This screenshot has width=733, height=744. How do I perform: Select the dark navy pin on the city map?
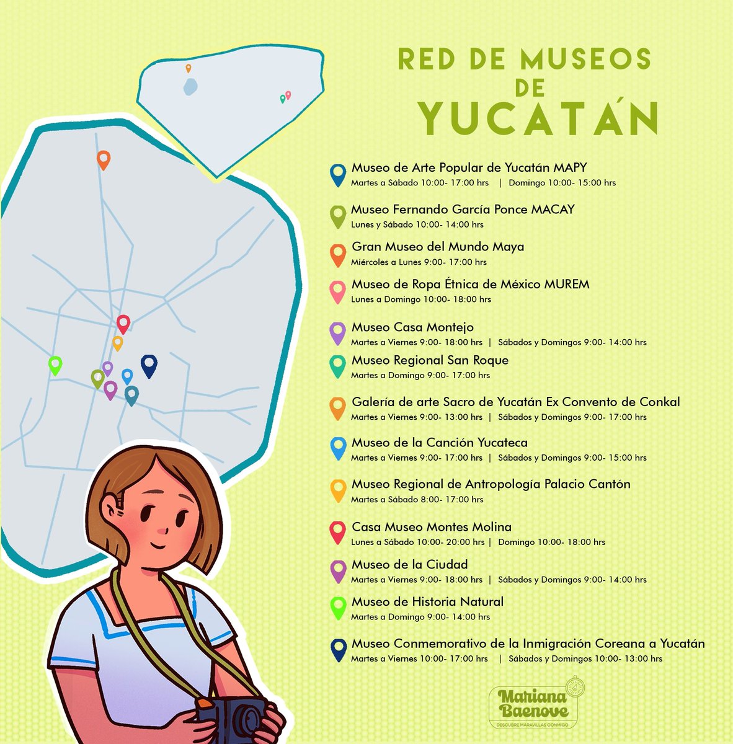[x=149, y=365]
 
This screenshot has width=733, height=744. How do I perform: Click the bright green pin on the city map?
[x=55, y=365]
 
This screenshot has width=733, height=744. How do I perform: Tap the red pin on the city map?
[x=123, y=324]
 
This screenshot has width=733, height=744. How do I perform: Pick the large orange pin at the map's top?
[x=104, y=159]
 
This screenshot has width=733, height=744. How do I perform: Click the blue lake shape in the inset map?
[x=190, y=86]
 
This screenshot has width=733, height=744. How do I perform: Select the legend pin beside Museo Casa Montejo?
[x=337, y=332]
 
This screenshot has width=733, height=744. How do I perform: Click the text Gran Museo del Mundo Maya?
[x=438, y=247]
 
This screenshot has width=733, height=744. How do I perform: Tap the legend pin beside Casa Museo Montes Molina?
[x=337, y=532]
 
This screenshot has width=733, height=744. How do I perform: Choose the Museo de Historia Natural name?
[x=427, y=601]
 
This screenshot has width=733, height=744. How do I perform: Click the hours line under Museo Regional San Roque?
[x=420, y=375]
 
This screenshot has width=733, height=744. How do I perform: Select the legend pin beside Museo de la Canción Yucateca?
[x=337, y=448]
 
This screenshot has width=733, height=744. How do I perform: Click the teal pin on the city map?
[x=131, y=394]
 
